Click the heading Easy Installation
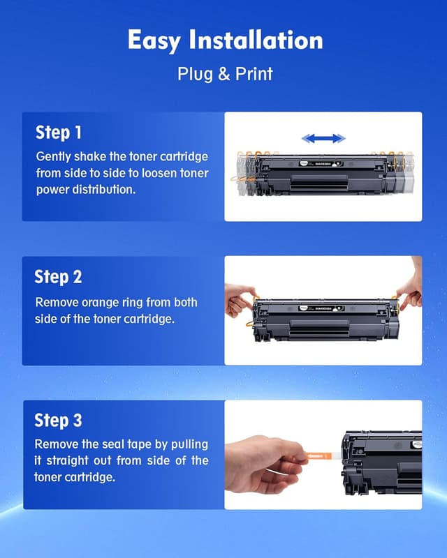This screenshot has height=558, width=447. click(x=224, y=40)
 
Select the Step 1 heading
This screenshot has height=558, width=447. click(x=59, y=133)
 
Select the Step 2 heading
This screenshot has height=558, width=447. click(x=59, y=277)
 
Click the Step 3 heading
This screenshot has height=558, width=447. click(x=59, y=421)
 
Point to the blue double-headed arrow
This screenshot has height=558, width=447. click(x=323, y=138)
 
